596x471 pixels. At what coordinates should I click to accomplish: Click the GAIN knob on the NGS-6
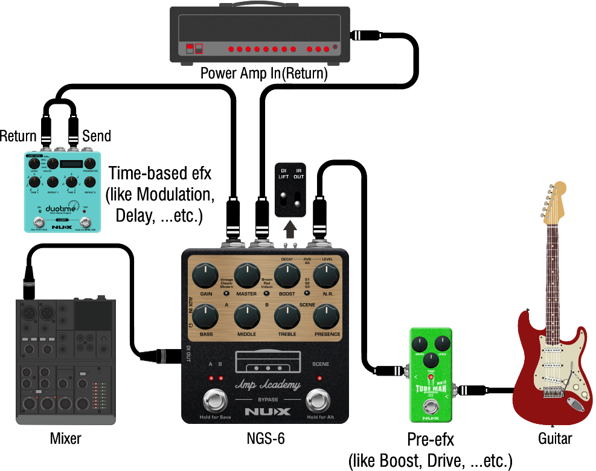click(205, 277)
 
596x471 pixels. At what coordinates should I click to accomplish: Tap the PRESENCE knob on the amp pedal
click(326, 317)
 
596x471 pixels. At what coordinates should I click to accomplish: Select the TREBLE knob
click(287, 317)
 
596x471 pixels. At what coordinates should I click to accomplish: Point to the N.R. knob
click(326, 277)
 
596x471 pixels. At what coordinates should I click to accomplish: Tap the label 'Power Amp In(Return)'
click(264, 74)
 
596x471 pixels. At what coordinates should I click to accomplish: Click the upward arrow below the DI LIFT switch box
click(290, 229)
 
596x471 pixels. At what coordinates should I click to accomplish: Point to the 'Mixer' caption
click(65, 438)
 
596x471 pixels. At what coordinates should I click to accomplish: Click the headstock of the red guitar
click(555, 202)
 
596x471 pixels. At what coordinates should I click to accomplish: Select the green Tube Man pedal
click(431, 374)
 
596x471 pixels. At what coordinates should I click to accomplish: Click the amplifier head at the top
click(260, 34)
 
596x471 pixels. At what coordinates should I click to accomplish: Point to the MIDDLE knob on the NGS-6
click(246, 317)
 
